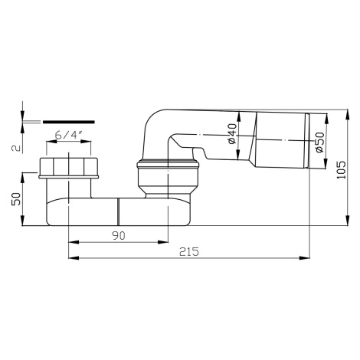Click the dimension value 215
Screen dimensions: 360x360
(x=188, y=252)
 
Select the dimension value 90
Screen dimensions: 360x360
(x=119, y=236)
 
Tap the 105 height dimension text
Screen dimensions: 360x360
(x=341, y=170)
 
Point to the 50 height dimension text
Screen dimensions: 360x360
(x=16, y=199)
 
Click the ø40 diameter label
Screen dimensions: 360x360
(x=233, y=134)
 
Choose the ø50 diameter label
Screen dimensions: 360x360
(x=319, y=142)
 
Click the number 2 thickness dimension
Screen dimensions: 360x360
(x=16, y=148)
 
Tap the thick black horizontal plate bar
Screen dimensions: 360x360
(x=69, y=122)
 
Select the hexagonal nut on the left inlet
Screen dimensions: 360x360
(x=69, y=167)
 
